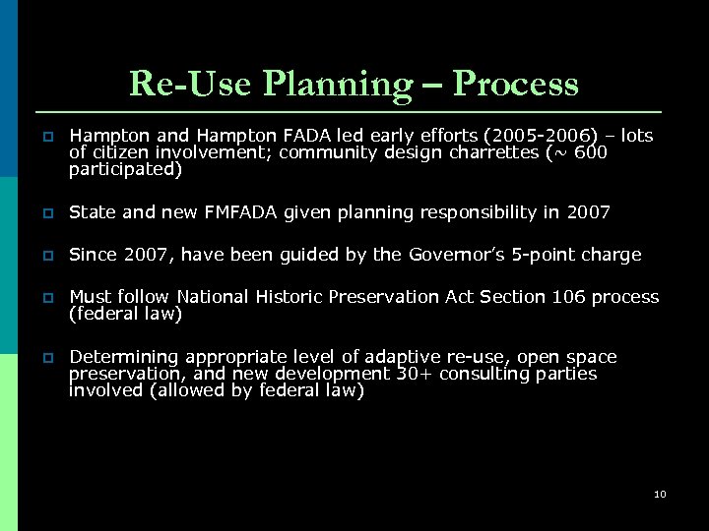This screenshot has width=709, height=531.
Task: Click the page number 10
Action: [660, 494]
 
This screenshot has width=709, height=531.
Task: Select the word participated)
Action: [125, 169]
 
